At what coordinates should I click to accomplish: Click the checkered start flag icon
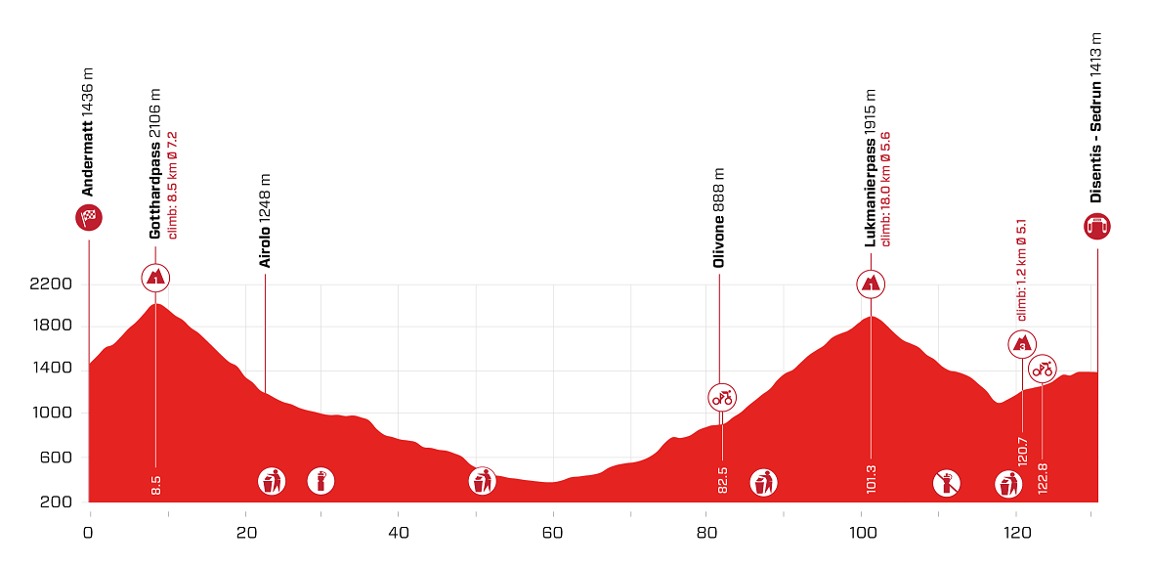click(x=89, y=218)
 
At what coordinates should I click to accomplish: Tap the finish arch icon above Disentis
click(x=1097, y=227)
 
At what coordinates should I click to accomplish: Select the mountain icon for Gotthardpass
click(x=155, y=278)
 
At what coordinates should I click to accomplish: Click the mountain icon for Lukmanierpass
click(x=871, y=283)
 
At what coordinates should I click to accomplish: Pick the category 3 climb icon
click(x=1022, y=344)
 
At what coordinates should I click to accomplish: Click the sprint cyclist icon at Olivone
click(x=721, y=397)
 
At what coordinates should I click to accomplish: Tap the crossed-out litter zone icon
click(x=946, y=481)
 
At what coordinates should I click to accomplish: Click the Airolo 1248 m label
click(x=265, y=221)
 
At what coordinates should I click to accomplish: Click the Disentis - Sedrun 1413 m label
click(x=1096, y=117)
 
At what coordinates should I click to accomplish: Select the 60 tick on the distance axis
click(x=552, y=533)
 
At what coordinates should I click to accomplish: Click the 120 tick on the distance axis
click(x=1016, y=533)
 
